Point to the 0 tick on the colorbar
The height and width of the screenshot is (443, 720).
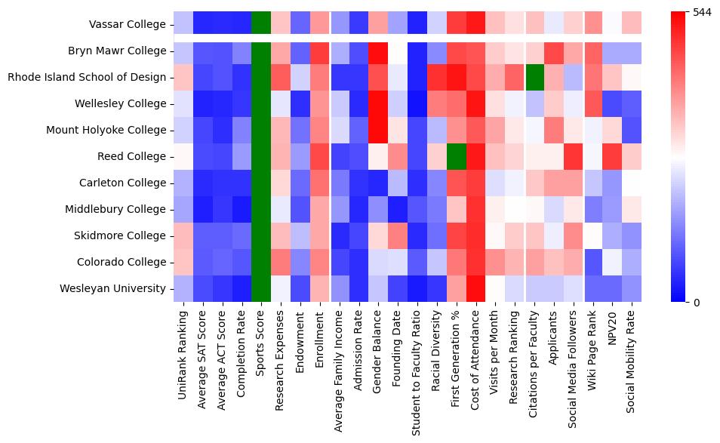(697, 303)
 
